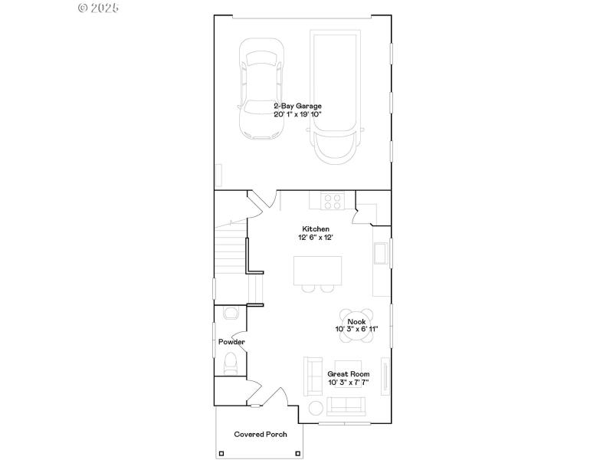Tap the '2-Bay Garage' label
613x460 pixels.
point(297,106)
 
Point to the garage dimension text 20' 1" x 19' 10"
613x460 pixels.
point(297,114)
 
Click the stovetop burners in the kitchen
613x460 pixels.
point(332,201)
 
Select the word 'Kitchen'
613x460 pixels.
point(316,229)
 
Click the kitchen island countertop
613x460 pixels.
point(317,269)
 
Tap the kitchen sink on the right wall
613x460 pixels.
point(380,252)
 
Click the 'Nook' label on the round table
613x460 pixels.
point(356,321)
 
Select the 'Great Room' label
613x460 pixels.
point(349,374)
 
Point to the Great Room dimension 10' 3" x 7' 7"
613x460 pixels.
point(349,382)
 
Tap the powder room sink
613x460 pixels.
point(228,313)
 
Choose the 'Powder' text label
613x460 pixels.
point(231,342)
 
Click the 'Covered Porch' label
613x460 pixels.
point(261,434)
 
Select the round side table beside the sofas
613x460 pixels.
point(316,407)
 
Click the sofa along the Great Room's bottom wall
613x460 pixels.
point(347,406)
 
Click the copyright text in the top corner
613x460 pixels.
point(99,8)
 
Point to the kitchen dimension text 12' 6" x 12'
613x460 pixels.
point(316,238)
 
